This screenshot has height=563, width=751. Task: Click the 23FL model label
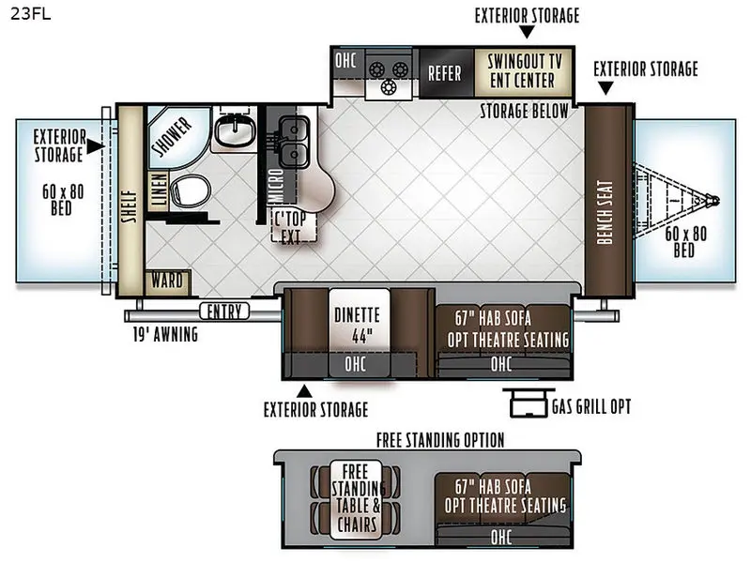click(x=30, y=13)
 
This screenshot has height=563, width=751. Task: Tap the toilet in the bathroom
click(x=191, y=191)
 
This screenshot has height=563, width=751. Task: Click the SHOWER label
click(x=172, y=136)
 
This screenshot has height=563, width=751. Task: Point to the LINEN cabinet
click(x=159, y=190)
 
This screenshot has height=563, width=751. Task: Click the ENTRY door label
click(x=224, y=312)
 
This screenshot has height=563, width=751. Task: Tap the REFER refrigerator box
click(x=445, y=73)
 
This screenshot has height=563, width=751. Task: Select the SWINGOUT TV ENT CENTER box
click(x=523, y=72)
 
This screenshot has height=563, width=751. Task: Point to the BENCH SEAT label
click(x=605, y=212)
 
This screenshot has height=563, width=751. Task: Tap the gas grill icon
click(x=528, y=403)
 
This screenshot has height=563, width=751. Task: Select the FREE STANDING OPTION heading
click(x=440, y=440)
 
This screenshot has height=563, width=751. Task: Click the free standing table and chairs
click(x=357, y=498)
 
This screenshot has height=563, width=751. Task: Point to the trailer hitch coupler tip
click(x=715, y=201)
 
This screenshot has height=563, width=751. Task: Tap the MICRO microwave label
click(x=277, y=186)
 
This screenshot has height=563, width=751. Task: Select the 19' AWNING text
click(x=165, y=334)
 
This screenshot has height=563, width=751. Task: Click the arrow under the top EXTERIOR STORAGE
click(x=527, y=32)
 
